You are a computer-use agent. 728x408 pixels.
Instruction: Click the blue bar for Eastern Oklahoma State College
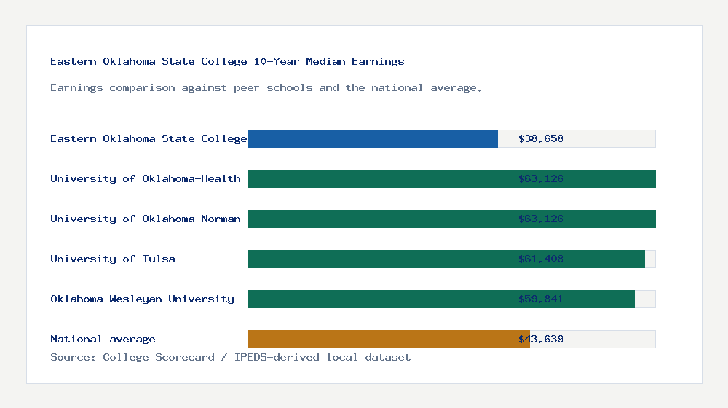[x=373, y=138]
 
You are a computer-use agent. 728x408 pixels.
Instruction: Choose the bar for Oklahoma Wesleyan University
[x=379, y=299]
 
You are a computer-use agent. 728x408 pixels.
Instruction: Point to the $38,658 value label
[x=541, y=138]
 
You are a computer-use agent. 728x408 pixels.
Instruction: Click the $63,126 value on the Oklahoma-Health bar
[x=541, y=178]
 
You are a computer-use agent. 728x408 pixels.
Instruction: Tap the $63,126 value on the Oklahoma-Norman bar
[x=541, y=219]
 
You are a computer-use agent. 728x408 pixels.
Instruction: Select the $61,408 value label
[x=541, y=259]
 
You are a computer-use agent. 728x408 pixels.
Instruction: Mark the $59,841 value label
[x=541, y=299]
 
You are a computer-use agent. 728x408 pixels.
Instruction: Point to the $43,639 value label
[x=541, y=339]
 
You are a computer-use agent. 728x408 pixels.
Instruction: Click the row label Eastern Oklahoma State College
[x=149, y=138]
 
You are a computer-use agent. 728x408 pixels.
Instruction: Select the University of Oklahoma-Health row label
[x=146, y=178]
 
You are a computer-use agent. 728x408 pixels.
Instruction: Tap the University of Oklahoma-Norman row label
[x=146, y=219]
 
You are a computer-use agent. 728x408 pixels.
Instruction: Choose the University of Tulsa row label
[x=113, y=259]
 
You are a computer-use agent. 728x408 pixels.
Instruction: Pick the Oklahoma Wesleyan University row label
[x=143, y=299]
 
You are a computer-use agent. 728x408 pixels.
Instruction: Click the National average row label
[x=103, y=339]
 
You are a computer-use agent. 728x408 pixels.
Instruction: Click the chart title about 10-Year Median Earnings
[x=227, y=61]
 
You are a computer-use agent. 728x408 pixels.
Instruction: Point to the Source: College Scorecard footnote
[x=230, y=357]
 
